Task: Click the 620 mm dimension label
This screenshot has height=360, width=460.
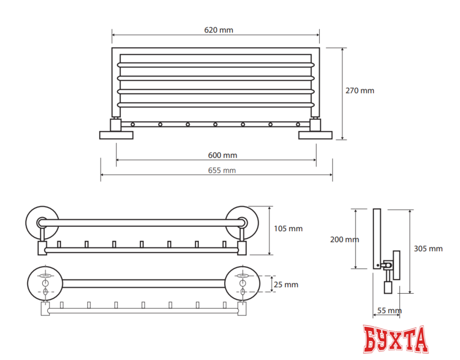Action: point(218,30)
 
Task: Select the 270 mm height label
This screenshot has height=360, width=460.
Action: point(360,91)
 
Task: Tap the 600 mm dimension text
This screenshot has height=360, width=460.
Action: point(222,155)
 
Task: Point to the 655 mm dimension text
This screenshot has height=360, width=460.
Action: point(222,170)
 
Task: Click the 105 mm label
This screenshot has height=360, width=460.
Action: point(288,229)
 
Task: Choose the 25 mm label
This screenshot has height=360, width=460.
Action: point(286,285)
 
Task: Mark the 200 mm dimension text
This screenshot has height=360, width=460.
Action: point(345,240)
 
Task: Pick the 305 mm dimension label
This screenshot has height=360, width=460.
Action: point(428,249)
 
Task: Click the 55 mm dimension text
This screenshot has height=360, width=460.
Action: point(389,310)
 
